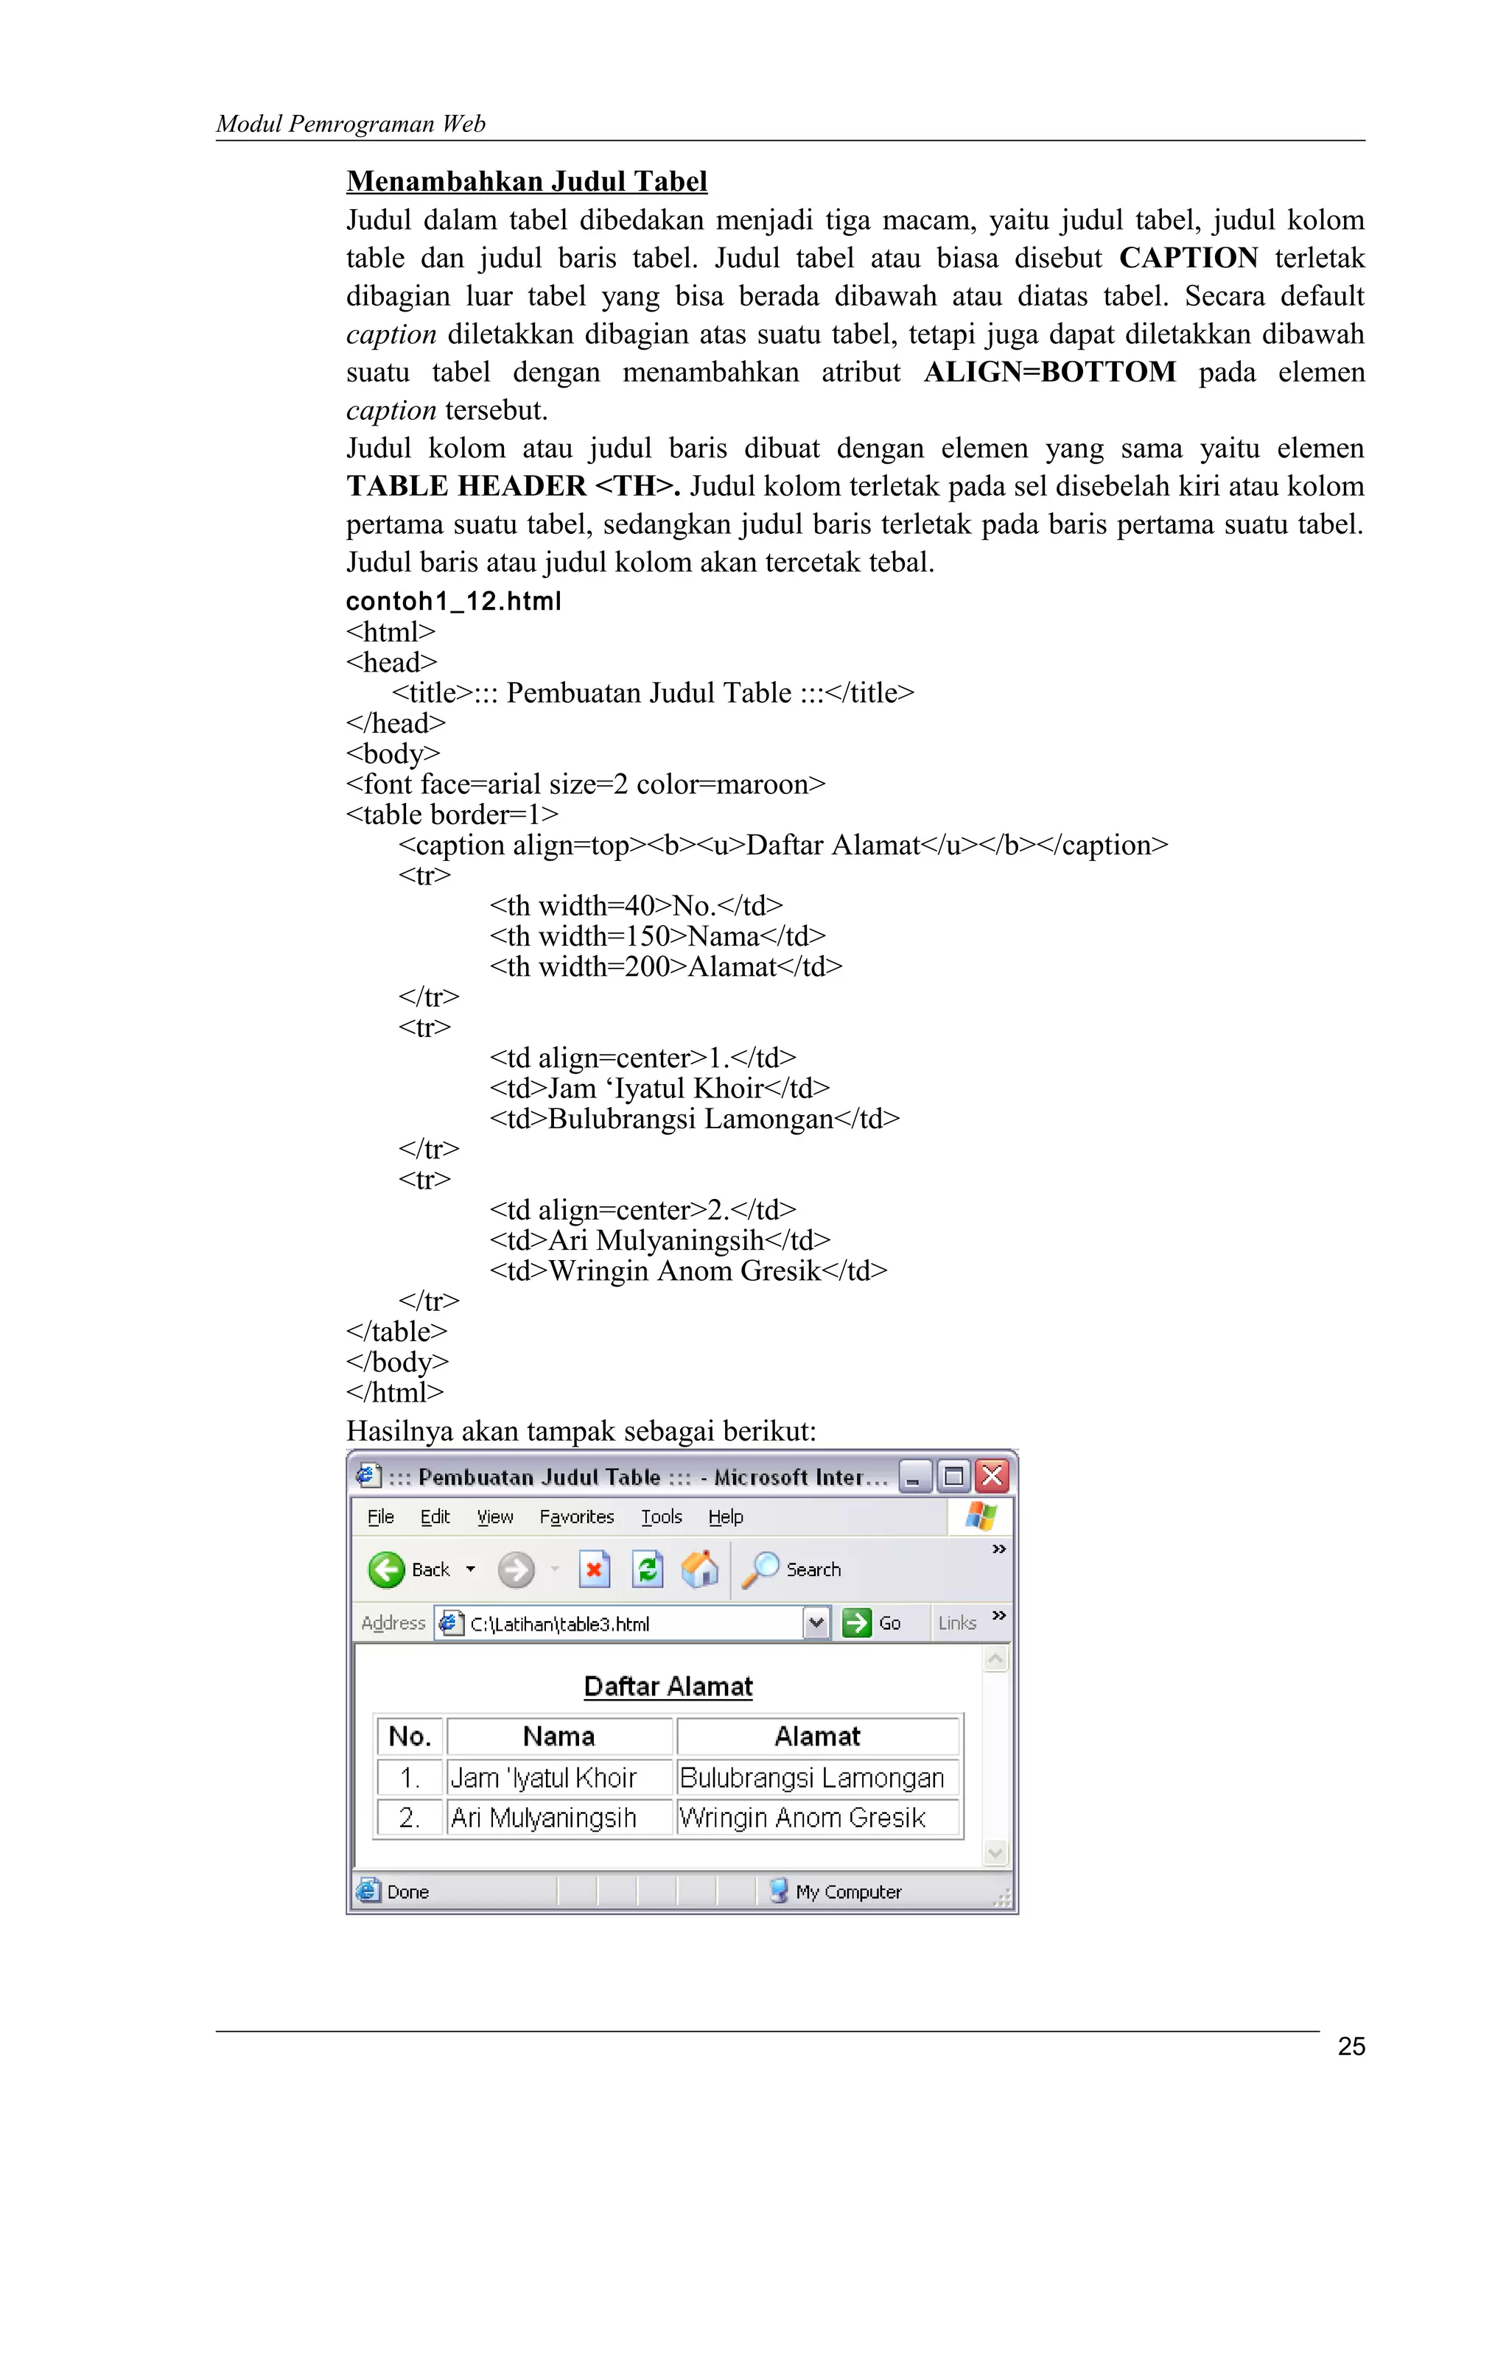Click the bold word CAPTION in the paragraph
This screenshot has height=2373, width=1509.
pos(1188,259)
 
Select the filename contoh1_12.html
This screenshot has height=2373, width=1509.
pos(453,601)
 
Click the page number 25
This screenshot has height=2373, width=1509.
pos(1351,2046)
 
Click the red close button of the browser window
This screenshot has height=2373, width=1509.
pos(992,1476)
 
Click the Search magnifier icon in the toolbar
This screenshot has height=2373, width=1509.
pos(760,1569)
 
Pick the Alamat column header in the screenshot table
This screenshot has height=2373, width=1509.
pos(817,1737)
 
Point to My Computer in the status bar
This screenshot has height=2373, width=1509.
pos(847,1892)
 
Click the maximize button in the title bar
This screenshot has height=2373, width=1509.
pos(953,1476)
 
